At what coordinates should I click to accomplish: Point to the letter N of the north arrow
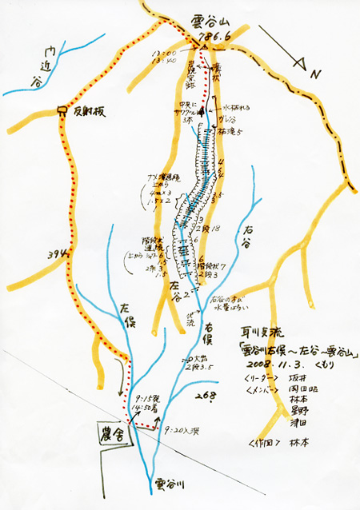(x=315, y=74)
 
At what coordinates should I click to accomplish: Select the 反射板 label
(x=86, y=111)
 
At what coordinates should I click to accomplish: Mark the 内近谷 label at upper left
(x=34, y=67)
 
